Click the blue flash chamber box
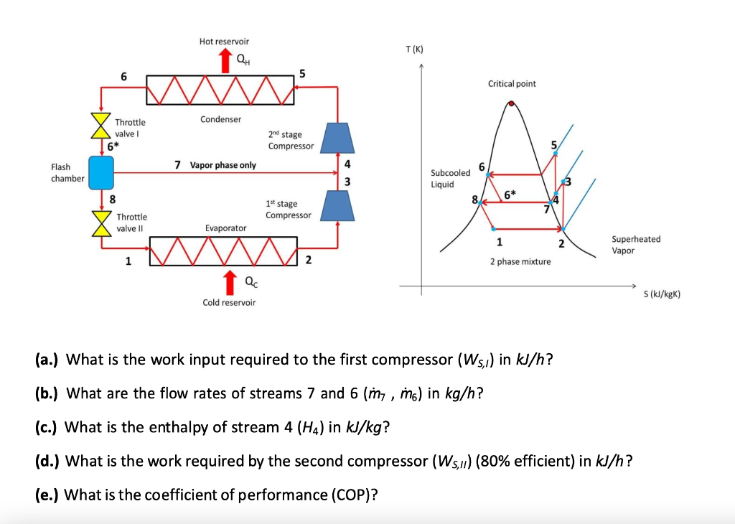[101, 172]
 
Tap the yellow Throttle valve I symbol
[100, 125]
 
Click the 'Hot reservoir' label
[224, 42]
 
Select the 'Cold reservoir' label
[229, 302]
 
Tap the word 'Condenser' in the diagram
[221, 119]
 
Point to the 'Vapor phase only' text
[223, 165]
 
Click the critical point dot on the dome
[511, 103]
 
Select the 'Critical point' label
[512, 84]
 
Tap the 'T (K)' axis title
[415, 49]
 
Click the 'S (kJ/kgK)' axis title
[661, 294]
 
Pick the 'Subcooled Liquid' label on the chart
[450, 178]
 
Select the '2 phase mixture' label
[520, 261]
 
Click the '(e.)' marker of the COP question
[48, 495]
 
